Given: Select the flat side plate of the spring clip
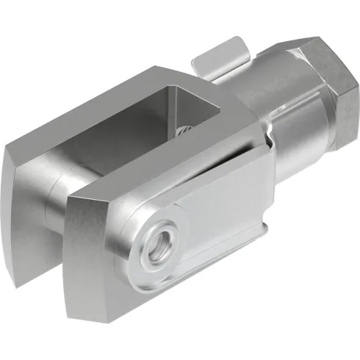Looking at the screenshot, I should coord(220,213).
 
